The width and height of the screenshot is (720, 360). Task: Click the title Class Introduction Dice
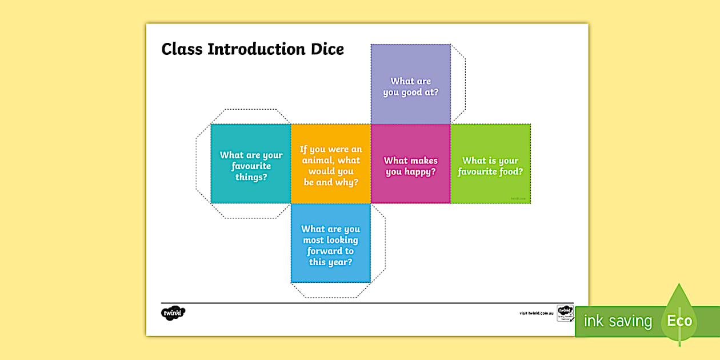(253, 49)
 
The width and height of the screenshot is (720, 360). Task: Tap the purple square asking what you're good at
(410, 84)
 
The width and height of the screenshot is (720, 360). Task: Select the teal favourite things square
(251, 163)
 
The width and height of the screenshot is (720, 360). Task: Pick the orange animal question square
(331, 164)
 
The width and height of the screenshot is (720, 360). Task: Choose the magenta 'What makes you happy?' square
(410, 164)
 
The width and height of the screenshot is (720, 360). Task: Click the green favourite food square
(490, 164)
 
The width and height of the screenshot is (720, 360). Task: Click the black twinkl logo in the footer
(173, 313)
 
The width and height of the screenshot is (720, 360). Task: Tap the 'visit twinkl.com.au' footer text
(537, 313)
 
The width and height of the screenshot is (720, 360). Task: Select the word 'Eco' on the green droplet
(679, 321)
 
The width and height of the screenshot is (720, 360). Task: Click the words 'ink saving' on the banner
(618, 321)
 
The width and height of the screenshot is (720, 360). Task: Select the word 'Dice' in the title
(328, 49)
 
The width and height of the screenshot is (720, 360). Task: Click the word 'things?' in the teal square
(251, 177)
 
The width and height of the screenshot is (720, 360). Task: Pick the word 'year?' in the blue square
(341, 262)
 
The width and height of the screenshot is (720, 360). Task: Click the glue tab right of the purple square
(458, 84)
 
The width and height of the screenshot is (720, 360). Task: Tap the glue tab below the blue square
(330, 290)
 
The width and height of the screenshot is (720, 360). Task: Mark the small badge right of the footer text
(565, 313)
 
